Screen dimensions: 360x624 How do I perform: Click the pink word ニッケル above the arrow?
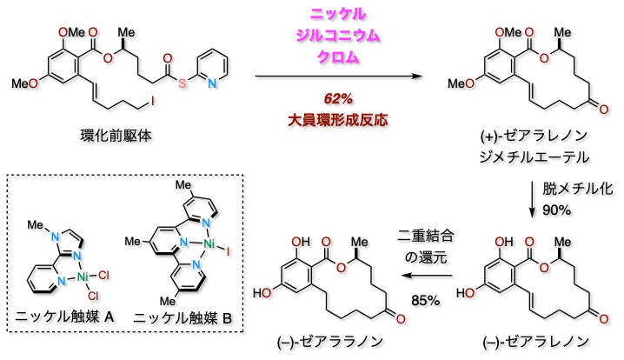[334, 15]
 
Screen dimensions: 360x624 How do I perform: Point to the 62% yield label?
[334, 97]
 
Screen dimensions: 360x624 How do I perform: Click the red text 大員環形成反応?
[334, 117]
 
